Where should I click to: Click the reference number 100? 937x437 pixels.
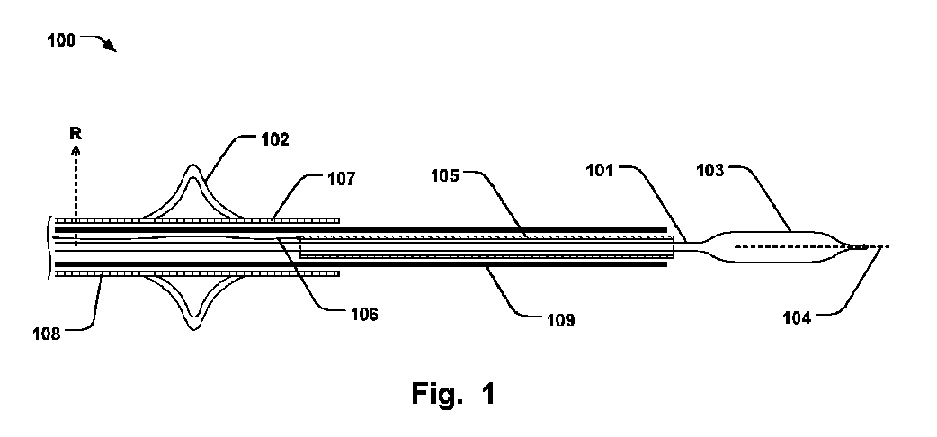[x=61, y=40]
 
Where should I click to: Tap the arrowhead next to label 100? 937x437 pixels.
[x=112, y=49]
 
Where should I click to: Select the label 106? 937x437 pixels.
[x=360, y=315]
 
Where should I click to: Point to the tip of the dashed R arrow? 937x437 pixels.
[x=76, y=149]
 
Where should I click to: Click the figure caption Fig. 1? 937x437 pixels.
[x=453, y=393]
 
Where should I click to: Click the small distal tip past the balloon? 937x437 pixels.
[x=859, y=246]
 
